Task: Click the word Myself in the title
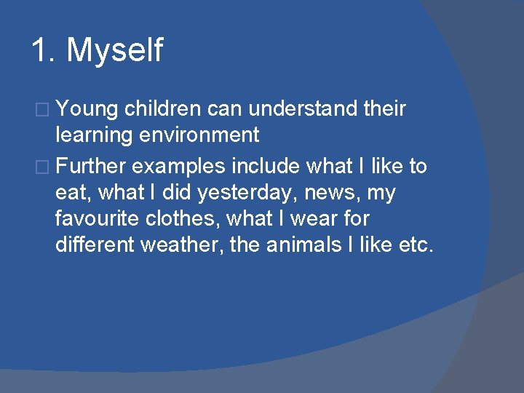(x=115, y=52)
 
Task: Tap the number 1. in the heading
(x=44, y=51)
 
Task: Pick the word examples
(x=178, y=167)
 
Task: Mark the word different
(x=95, y=245)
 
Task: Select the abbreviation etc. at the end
(x=416, y=245)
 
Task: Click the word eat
(x=70, y=194)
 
